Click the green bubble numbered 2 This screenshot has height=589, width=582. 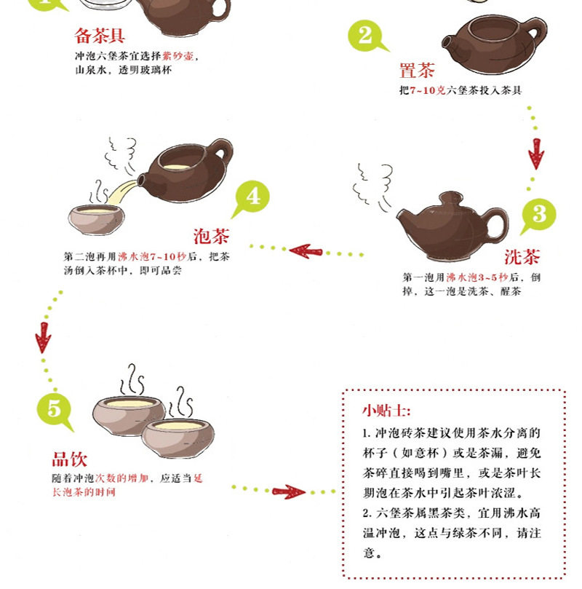point(366,36)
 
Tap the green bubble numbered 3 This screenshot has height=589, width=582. point(539,216)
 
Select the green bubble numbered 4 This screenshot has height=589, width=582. point(252,197)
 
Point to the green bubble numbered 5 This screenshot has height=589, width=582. point(54,409)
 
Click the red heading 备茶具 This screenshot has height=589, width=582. point(100,36)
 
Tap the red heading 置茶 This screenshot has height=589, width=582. point(417,70)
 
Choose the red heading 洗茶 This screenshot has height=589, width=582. point(522,257)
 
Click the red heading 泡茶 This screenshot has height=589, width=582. point(211,237)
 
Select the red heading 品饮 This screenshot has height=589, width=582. point(69,459)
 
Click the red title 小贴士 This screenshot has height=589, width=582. point(386,410)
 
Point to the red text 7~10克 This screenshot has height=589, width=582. point(427,90)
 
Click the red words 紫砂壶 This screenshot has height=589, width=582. point(178,56)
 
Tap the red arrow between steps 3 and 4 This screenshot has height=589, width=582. point(306,251)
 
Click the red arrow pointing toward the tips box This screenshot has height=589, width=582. point(288,491)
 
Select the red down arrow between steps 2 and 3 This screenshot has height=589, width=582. point(536,154)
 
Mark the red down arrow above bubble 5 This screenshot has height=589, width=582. point(43,338)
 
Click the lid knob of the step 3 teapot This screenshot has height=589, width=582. point(451,197)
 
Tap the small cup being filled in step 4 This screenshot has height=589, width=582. point(97,219)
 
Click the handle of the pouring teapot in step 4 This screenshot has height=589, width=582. point(221,151)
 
